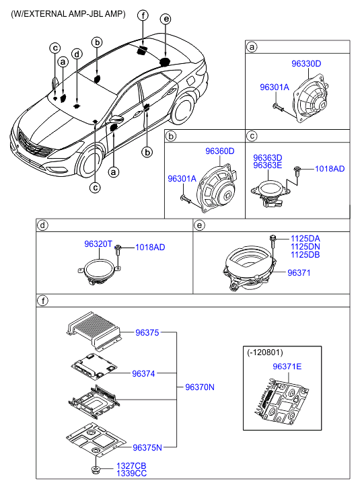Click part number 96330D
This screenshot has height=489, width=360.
[x=306, y=64]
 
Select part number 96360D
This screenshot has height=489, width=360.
[x=219, y=151]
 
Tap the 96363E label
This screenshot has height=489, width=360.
[x=267, y=165]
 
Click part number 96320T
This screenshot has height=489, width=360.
[x=98, y=244]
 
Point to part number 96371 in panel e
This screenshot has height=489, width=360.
[x=299, y=273]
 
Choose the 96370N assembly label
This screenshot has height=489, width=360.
[x=200, y=387]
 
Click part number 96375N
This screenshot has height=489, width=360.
[x=147, y=448]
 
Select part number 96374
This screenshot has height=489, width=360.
[x=143, y=373]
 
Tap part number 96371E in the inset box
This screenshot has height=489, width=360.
[x=287, y=367]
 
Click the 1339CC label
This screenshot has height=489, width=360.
[x=131, y=474]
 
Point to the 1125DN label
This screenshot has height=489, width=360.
[x=305, y=247]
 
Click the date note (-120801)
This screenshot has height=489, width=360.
[x=265, y=352]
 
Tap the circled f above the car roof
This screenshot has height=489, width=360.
[x=143, y=15]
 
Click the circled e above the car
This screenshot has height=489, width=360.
[x=166, y=19]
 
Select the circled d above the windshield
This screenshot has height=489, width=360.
[x=77, y=54]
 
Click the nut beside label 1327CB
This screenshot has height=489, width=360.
[x=96, y=469]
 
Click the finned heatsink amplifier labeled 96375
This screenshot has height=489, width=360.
[x=94, y=330]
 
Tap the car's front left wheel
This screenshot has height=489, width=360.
[x=90, y=163]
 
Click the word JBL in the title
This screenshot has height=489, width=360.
[x=96, y=14]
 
